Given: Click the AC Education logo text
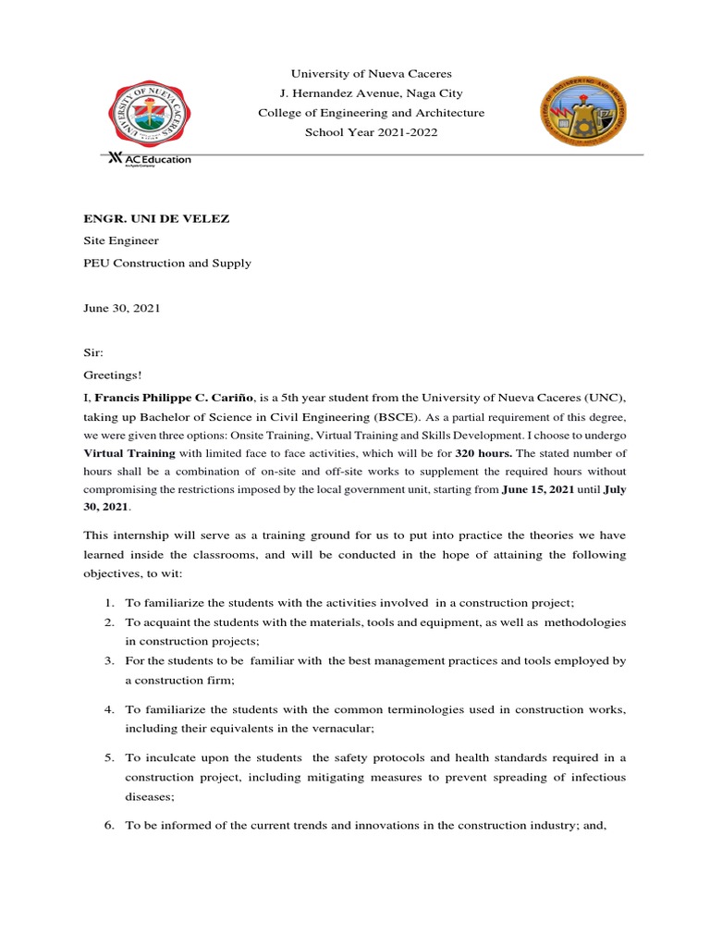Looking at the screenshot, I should click(150, 159).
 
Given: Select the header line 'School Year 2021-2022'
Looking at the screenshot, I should click(371, 132).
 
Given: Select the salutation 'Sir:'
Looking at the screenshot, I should click(94, 353).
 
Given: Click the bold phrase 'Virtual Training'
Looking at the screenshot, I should click(129, 453).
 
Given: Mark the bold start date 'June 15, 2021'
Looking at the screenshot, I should click(538, 489).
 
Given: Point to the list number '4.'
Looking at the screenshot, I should click(108, 709).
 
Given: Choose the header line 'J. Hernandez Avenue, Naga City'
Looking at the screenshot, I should click(371, 93).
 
